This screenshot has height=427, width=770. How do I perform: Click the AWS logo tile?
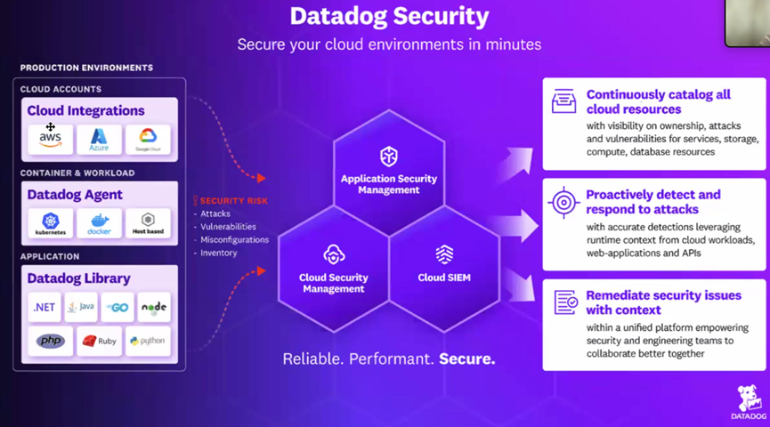click(51, 139)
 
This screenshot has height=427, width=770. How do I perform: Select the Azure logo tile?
click(99, 139)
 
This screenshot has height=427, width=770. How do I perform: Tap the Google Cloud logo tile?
click(147, 139)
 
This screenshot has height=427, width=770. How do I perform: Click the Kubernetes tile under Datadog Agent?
click(51, 222)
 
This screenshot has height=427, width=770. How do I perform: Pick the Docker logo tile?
click(99, 222)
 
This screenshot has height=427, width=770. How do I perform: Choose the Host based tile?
click(147, 222)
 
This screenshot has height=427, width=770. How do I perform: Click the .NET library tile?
click(45, 307)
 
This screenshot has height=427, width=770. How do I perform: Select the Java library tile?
click(81, 307)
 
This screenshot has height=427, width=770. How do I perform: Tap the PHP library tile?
click(51, 341)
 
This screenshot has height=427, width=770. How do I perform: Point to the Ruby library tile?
click(99, 341)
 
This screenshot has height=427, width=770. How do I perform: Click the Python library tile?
click(147, 341)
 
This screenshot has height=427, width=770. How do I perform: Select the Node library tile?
click(154, 307)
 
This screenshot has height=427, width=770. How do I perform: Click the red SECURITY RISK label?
click(232, 201)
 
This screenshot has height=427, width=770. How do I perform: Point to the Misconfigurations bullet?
click(234, 239)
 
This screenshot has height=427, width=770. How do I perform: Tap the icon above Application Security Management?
click(389, 157)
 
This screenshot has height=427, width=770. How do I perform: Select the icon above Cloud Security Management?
click(334, 254)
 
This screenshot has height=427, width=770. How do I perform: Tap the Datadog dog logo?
click(748, 399)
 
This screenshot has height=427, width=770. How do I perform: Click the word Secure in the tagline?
click(467, 360)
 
